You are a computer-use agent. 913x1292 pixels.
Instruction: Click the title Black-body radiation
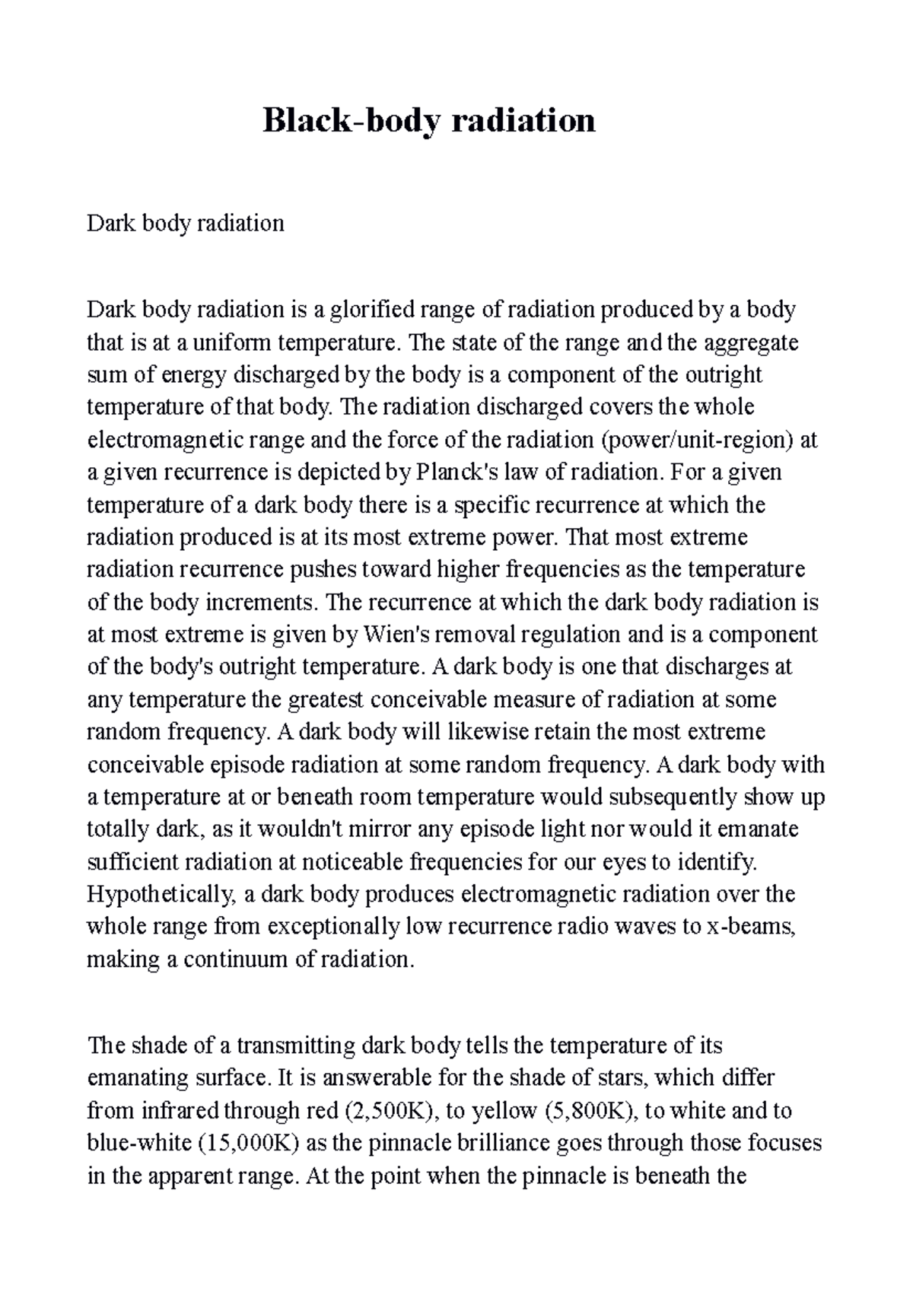point(428,121)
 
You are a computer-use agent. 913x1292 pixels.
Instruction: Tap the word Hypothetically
point(162,894)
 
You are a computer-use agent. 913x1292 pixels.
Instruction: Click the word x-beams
point(750,927)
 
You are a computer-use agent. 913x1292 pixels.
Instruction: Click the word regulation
point(571,635)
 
